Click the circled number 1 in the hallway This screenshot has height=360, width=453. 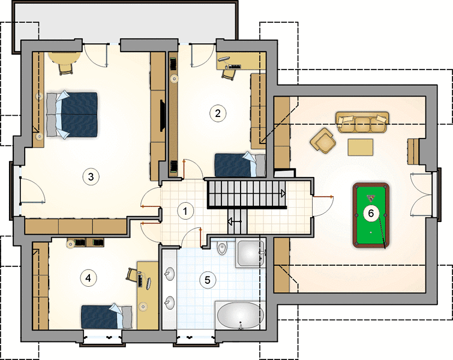point(185,211)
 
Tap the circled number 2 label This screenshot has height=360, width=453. point(218,113)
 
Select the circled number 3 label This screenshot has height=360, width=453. point(91,176)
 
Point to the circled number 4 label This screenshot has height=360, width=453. point(88,278)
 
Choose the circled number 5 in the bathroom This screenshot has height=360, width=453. point(208,280)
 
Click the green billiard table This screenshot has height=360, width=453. point(371,215)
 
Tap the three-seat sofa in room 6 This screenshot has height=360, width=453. point(362,122)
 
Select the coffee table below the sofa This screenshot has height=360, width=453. point(360,147)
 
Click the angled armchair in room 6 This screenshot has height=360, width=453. point(323,141)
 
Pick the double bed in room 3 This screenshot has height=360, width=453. point(72,115)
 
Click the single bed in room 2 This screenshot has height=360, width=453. point(240,164)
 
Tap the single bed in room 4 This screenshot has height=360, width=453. point(107,316)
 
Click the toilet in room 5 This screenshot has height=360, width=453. point(222,248)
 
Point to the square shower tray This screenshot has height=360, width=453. point(250,253)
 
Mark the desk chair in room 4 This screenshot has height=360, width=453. point(131,274)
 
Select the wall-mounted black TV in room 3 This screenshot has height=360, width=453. point(163,115)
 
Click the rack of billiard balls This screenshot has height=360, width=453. point(370,198)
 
